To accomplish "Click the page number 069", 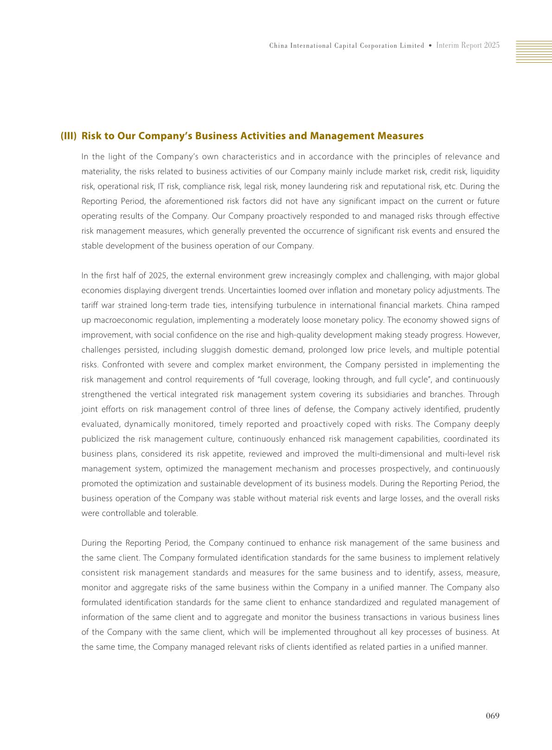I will [x=493, y=716].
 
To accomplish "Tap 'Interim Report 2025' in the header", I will [x=468, y=46].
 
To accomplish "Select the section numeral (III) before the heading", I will [x=68, y=136].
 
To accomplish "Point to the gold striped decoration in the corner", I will [x=534, y=52].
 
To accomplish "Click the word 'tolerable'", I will [x=180, y=513].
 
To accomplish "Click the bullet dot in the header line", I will [x=430, y=46].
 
